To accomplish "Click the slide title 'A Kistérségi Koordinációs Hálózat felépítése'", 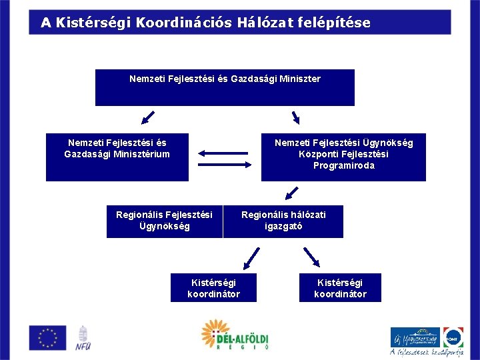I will [x=205, y=23].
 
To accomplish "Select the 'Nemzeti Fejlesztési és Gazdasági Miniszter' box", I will [x=225, y=87].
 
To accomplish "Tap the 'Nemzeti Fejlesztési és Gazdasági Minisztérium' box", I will [x=117, y=157].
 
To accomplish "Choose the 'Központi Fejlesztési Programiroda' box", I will [x=343, y=157].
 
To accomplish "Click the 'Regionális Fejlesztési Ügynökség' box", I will [x=164, y=221].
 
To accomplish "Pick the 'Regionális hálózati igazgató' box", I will [x=283, y=221].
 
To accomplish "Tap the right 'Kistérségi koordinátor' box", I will [x=340, y=288].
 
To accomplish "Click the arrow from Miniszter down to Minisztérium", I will [x=147, y=119].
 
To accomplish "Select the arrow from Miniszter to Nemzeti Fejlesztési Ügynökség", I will [x=295, y=118].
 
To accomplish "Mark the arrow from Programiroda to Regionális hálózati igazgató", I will [x=291, y=193].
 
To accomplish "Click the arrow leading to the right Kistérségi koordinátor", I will [x=311, y=257].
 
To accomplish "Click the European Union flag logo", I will [x=47, y=337].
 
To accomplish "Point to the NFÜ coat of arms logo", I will [x=83, y=338].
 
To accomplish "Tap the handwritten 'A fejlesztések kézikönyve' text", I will [x=427, y=353].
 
